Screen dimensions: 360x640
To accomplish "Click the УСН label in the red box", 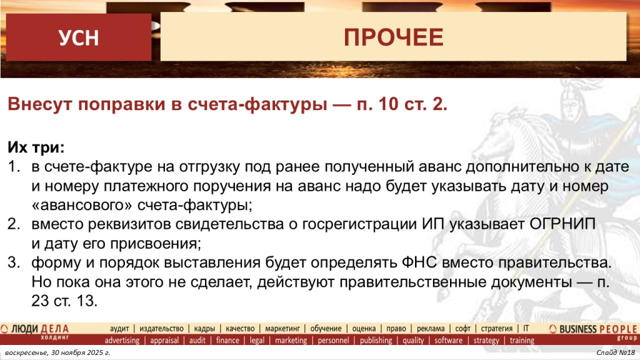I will (x=79, y=38).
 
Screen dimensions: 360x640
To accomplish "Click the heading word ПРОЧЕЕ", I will (x=393, y=37).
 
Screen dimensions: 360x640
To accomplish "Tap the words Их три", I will (x=35, y=148).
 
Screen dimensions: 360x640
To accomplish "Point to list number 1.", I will (x=13, y=167).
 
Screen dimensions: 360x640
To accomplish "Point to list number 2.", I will (x=13, y=224).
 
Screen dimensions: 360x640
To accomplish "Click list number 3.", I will (x=13, y=262).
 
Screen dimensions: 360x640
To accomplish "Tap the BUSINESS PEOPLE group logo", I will (x=593, y=331).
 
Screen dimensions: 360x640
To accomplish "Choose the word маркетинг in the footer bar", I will (x=284, y=329).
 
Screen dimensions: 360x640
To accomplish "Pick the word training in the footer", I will (x=522, y=341).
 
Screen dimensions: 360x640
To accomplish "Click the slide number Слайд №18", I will (x=615, y=354).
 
